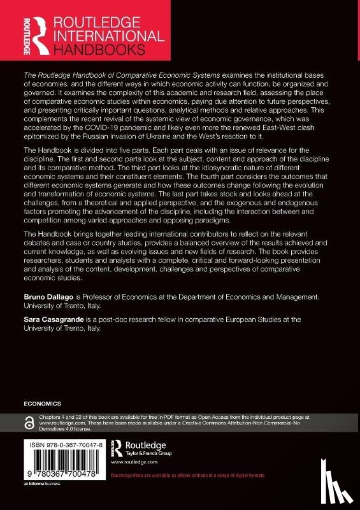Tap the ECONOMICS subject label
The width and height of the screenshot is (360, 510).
point(42,404)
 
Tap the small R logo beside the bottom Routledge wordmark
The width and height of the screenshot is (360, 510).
point(117,446)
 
